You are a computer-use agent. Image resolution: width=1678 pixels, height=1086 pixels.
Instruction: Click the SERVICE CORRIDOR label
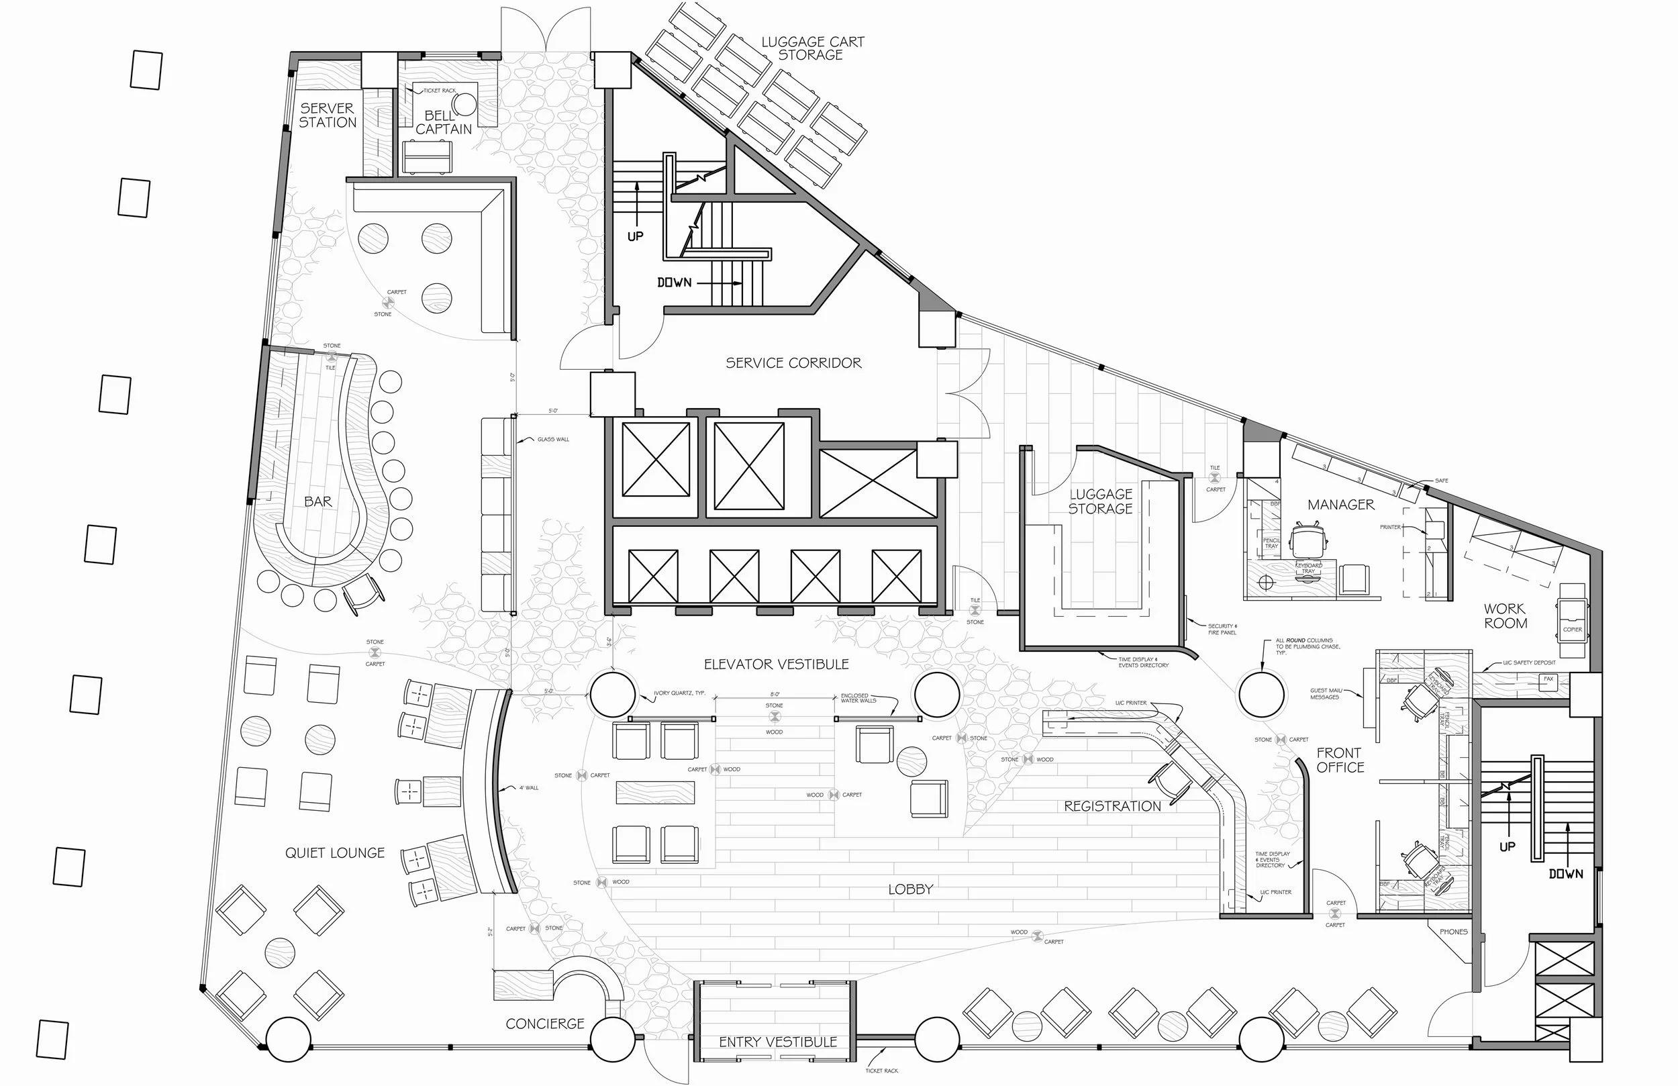click(793, 363)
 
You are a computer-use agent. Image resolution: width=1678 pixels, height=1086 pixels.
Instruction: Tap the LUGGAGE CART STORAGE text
click(811, 48)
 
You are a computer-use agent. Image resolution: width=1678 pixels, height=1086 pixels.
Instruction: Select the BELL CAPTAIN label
click(443, 122)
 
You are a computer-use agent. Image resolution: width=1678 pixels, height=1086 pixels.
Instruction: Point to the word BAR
click(318, 501)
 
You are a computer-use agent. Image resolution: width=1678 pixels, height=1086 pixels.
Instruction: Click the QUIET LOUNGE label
click(335, 853)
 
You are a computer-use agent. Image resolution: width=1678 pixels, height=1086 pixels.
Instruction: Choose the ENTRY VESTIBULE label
click(778, 1042)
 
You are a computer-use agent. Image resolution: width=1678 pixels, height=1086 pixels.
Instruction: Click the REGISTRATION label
click(1112, 806)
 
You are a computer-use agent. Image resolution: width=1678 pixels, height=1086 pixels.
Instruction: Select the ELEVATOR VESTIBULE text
click(777, 664)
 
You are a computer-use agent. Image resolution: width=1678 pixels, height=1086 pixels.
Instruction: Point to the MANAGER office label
click(1340, 505)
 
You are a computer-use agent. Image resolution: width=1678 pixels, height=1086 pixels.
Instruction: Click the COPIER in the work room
click(1572, 630)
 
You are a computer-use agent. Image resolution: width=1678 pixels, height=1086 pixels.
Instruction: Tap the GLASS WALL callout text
click(553, 440)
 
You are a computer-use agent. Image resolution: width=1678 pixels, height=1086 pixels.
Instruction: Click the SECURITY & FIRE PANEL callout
click(1222, 629)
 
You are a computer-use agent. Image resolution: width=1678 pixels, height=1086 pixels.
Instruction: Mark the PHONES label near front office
click(1453, 932)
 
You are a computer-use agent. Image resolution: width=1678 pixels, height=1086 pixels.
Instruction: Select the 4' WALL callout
click(529, 788)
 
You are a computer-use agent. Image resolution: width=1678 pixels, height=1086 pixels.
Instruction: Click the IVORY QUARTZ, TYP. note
click(679, 693)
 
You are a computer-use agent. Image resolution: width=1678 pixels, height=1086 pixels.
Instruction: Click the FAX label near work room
click(1548, 679)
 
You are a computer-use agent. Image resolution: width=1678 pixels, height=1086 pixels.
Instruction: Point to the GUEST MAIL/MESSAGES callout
click(1326, 694)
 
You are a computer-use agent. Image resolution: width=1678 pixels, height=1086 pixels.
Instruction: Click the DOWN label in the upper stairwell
click(674, 283)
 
